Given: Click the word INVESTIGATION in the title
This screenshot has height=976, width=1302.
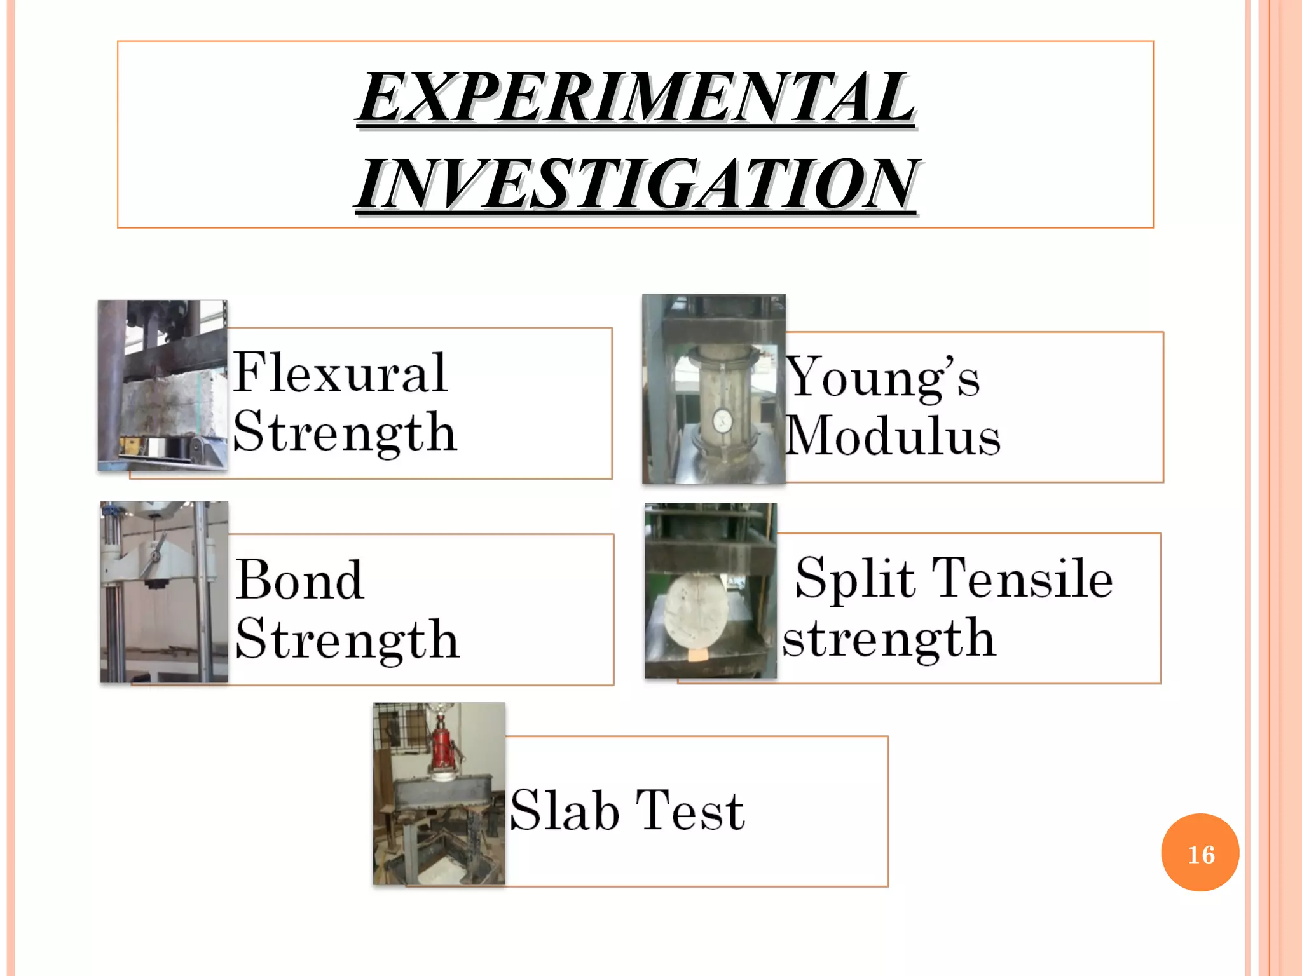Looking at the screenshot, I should (x=636, y=184).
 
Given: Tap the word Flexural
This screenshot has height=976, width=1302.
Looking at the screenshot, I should (x=341, y=373).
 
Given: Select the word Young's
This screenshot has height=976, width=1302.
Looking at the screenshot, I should (x=883, y=378).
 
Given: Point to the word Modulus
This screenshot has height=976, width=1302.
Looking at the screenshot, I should (x=893, y=437).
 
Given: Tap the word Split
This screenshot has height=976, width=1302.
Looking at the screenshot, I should (x=855, y=578).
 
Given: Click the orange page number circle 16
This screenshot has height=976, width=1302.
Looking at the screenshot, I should (x=1200, y=853).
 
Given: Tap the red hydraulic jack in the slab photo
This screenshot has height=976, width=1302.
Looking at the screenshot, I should (x=441, y=747).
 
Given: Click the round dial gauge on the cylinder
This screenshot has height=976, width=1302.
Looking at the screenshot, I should (x=722, y=420).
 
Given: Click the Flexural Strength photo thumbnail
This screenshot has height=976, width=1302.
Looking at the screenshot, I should (x=163, y=385).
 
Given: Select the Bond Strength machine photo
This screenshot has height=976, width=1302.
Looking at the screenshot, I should (x=164, y=592).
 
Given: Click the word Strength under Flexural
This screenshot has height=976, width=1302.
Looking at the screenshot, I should (x=345, y=432).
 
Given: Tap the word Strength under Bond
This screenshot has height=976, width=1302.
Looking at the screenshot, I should (x=347, y=639).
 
